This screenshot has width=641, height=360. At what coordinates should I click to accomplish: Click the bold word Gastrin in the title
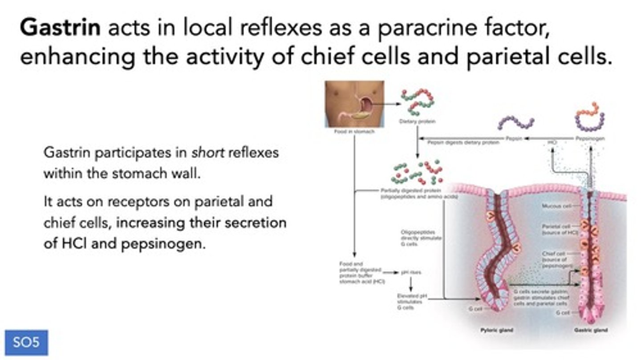click(60, 29)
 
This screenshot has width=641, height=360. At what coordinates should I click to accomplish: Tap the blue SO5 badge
click(26, 342)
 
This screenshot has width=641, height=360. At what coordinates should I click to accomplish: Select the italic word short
click(204, 153)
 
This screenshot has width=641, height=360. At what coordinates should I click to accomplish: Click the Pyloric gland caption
click(496, 330)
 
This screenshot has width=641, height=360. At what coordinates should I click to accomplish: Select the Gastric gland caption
click(591, 330)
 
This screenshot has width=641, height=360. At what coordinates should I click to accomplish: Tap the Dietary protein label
click(417, 121)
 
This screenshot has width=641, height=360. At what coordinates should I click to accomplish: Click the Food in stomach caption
click(354, 132)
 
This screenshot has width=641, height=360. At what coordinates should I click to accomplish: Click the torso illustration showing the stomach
click(354, 104)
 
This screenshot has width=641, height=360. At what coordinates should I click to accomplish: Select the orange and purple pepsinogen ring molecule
click(590, 117)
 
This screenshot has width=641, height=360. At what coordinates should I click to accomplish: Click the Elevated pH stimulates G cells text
click(412, 301)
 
